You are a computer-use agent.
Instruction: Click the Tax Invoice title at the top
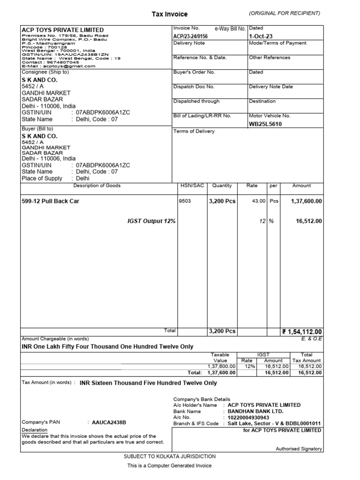point(169,14)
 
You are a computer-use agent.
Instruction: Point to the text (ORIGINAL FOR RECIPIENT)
point(285,13)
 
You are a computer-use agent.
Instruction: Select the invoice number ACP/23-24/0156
point(190,36)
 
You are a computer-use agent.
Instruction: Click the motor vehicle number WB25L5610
point(266,124)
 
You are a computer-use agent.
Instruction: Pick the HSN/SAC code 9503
point(185,201)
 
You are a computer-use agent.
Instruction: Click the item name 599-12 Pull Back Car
point(54,201)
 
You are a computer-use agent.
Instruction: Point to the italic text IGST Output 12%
point(151,221)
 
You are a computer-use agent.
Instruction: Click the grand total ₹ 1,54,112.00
point(302,332)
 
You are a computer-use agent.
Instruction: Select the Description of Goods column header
point(97,186)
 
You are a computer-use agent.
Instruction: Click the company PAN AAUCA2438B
point(109,422)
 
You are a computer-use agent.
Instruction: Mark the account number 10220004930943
point(248,417)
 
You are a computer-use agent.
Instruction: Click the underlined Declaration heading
point(34,430)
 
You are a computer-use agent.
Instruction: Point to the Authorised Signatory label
point(299,449)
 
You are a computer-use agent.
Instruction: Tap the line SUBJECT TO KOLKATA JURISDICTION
point(170,456)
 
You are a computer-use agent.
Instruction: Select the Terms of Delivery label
point(194,131)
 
